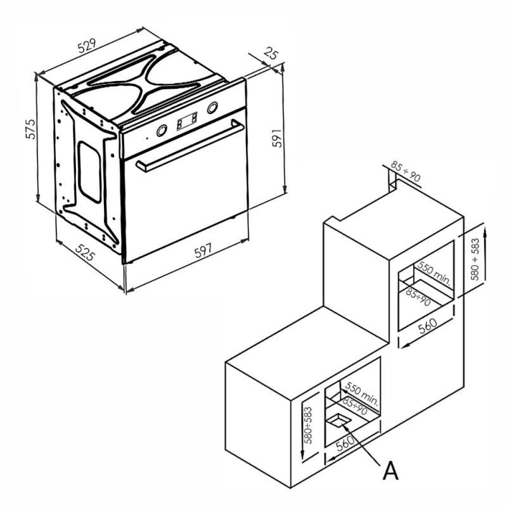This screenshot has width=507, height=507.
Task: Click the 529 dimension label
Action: pyautogui.click(x=87, y=46)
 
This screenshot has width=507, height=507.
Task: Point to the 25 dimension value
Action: pyautogui.click(x=271, y=53)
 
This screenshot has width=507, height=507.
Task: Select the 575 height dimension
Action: pyautogui.click(x=30, y=129)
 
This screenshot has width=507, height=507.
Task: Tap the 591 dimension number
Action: pyautogui.click(x=277, y=138)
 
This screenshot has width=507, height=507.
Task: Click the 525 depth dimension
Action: pyautogui.click(x=85, y=252)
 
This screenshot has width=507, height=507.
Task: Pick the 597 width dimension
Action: pyautogui.click(x=203, y=250)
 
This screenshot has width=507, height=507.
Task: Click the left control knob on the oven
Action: pyautogui.click(x=162, y=131)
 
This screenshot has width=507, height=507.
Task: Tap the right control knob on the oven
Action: pyautogui.click(x=212, y=107)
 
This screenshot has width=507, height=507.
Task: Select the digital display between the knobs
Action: pyautogui.click(x=187, y=120)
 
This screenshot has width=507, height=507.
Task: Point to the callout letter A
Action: pyautogui.click(x=390, y=471)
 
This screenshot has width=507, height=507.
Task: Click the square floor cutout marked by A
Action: pyautogui.click(x=339, y=421)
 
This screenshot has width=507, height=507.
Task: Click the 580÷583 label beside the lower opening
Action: pyautogui.click(x=309, y=425)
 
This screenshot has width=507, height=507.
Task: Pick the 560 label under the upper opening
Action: pyautogui.click(x=428, y=326)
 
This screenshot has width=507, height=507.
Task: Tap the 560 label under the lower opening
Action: pyautogui.click(x=345, y=442)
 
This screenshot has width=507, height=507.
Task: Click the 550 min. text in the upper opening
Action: pyautogui.click(x=434, y=273)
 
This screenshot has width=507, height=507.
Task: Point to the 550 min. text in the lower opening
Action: pyautogui.click(x=361, y=393)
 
